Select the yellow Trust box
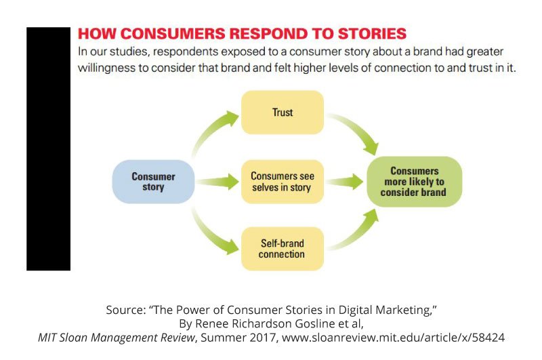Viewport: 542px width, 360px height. click(282, 113)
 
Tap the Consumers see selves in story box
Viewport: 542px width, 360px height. click(282, 182)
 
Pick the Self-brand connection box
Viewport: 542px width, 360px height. click(282, 249)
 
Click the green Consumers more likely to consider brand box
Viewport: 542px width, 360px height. click(413, 182)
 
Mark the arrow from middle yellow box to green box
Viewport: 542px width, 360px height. click(345, 182)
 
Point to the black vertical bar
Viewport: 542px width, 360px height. click(48, 149)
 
